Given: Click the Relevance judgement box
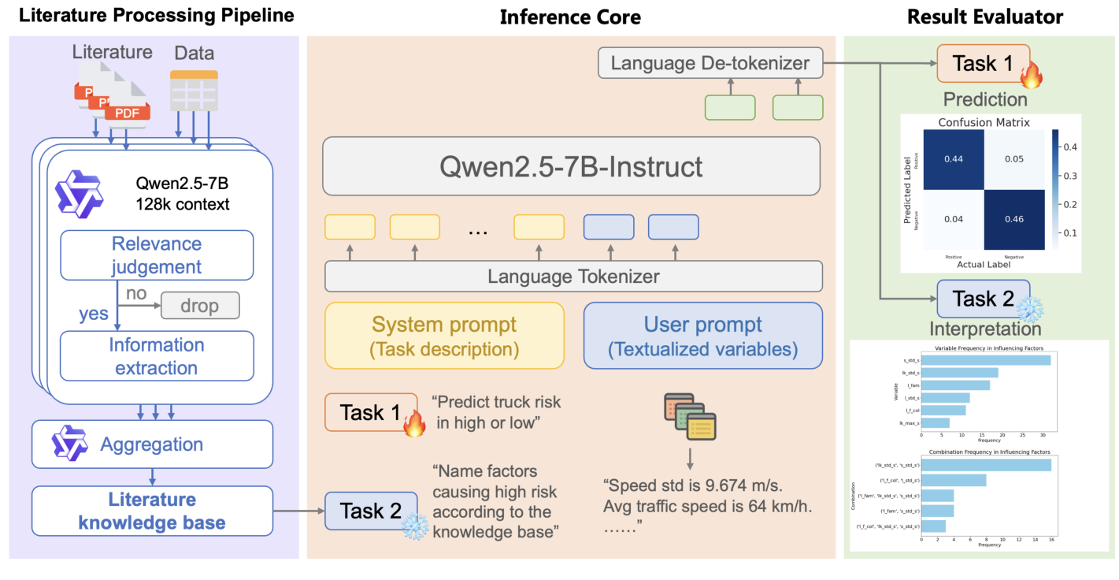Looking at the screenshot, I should click(157, 255).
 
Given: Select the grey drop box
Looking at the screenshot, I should click(199, 305).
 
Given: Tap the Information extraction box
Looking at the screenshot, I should click(157, 356).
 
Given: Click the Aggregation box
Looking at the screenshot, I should click(152, 444).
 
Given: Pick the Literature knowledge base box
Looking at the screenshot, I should click(152, 511).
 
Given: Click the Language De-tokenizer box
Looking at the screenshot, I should click(710, 63).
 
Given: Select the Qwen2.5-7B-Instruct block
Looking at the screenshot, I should click(572, 167).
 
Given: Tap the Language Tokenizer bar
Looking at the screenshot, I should click(572, 277).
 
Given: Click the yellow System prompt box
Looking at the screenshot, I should click(444, 335).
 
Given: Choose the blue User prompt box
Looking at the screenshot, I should click(702, 335).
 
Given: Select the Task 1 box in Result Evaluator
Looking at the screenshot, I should click(983, 63).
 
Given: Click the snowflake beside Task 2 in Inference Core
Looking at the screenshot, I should click(414, 526).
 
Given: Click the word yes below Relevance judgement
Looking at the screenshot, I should click(94, 314).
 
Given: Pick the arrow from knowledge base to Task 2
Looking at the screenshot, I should click(298, 511).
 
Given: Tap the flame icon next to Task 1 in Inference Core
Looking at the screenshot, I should click(414, 425).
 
